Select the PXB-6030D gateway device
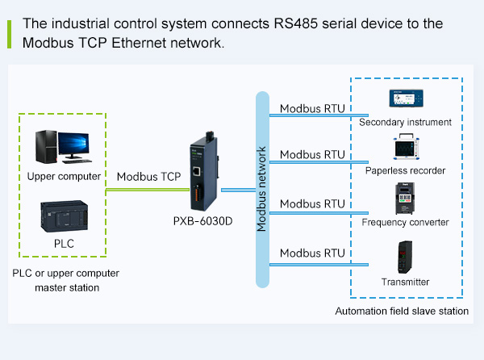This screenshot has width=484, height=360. [202, 171]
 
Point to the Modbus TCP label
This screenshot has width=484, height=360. [149, 176]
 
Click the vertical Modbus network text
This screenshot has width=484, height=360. [261, 190]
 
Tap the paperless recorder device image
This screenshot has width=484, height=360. [407, 146]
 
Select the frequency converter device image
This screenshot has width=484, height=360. [405, 199]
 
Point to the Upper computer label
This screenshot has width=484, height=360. [64, 176]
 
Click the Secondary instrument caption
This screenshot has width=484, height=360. [405, 122]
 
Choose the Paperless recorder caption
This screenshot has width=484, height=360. [405, 170]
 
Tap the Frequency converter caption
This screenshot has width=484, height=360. [405, 222]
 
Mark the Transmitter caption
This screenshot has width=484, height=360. [405, 282]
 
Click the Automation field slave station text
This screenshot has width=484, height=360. [402, 312]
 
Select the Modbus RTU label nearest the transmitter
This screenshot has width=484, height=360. [312, 253]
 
